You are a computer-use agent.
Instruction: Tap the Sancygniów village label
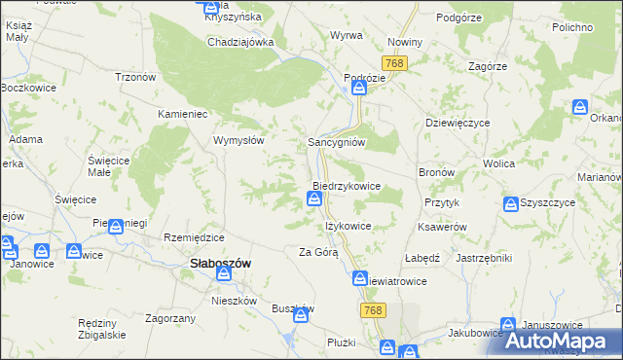(336, 141)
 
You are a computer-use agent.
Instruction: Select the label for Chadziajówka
(240, 42)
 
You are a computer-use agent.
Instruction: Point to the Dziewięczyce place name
(458, 124)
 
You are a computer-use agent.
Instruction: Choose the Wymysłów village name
(239, 140)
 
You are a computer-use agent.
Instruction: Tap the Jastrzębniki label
(484, 258)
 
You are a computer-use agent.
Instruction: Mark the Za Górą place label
(318, 253)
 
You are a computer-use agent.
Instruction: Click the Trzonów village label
(136, 78)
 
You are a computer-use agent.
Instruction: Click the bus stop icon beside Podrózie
(359, 89)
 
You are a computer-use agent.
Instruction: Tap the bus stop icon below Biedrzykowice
(314, 199)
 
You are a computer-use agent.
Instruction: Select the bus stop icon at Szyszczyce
(511, 204)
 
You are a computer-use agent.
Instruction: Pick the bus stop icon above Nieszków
(227, 275)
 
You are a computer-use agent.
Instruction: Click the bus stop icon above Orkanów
(580, 107)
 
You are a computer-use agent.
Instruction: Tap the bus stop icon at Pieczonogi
(116, 228)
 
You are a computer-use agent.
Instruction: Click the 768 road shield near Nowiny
(394, 63)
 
